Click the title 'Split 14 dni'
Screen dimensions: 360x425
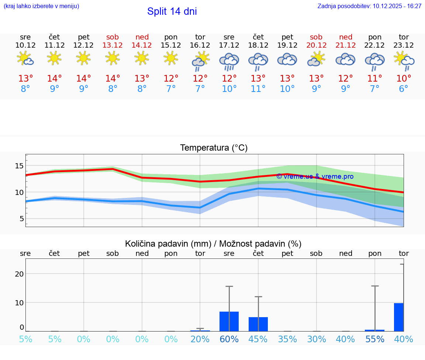pyautogui.click(x=172, y=11)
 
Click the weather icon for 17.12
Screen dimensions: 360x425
pyautogui.click(x=229, y=61)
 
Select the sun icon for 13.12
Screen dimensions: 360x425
pyautogui.click(x=113, y=58)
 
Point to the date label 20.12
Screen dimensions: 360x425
pyautogui.click(x=316, y=45)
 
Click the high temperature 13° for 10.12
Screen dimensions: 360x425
pyautogui.click(x=25, y=79)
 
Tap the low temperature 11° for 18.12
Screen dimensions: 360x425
pyautogui.click(x=258, y=89)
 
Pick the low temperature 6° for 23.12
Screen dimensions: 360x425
pyautogui.click(x=404, y=89)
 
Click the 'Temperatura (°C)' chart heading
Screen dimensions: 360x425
pyautogui.click(x=214, y=148)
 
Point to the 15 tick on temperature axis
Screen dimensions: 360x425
pyautogui.click(x=19, y=166)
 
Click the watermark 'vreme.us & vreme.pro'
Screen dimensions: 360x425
pyautogui.click(x=315, y=176)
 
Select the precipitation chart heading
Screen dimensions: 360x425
pyautogui.click(x=213, y=244)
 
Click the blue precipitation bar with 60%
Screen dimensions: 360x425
pyautogui.click(x=229, y=322)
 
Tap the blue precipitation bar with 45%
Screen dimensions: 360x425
pyautogui.click(x=258, y=324)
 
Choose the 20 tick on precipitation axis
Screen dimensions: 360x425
pyautogui.click(x=19, y=274)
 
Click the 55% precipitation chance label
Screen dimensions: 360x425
pyautogui.click(x=375, y=339)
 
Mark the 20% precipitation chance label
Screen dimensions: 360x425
pyautogui.click(x=200, y=339)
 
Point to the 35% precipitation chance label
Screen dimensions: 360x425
pyautogui.click(x=287, y=339)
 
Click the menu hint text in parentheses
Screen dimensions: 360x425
pyautogui.click(x=41, y=6)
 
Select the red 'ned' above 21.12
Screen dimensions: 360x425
pyautogui.click(x=346, y=37)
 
